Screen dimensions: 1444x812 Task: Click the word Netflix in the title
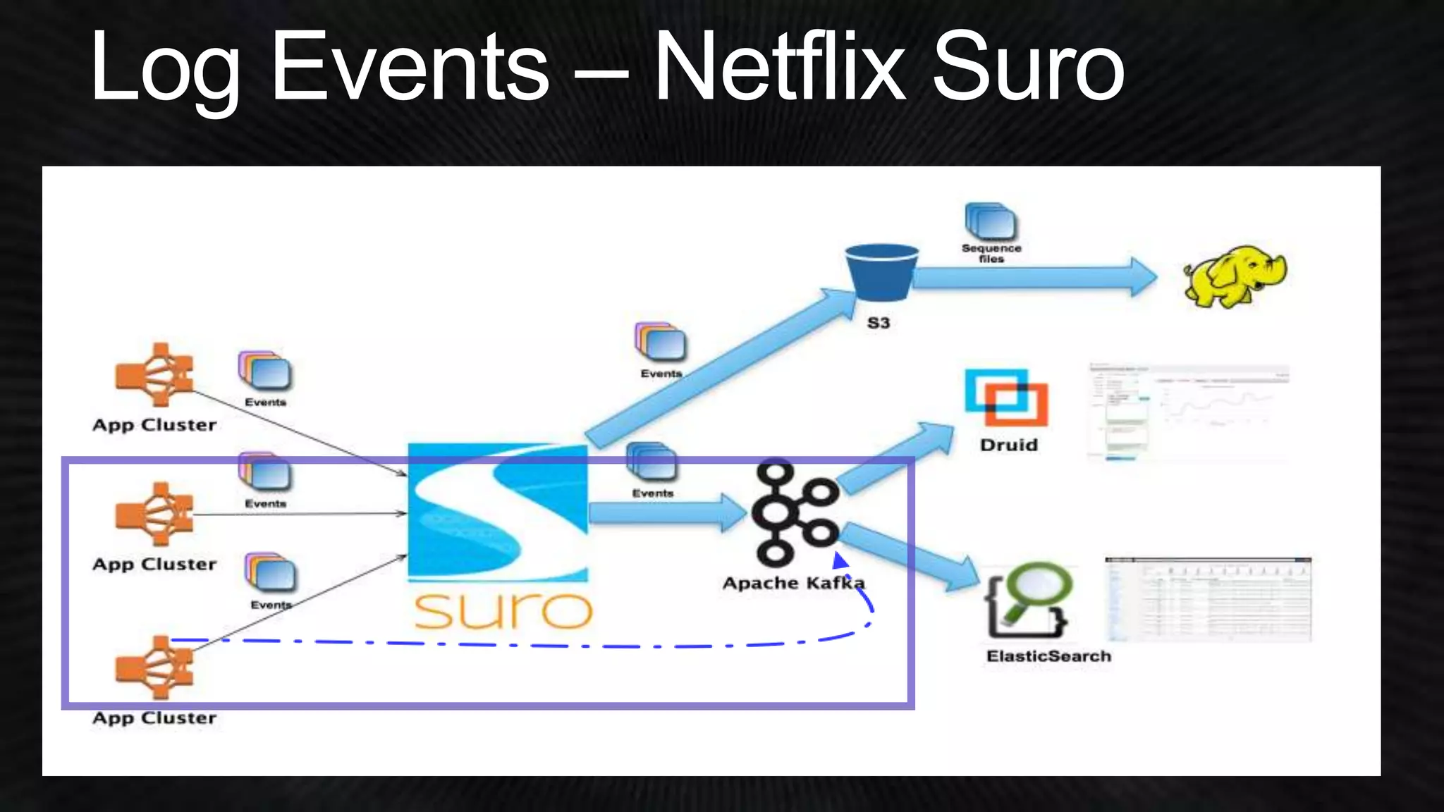point(779,68)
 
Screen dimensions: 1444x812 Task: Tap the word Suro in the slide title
point(1027,68)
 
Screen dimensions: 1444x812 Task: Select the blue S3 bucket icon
point(881,271)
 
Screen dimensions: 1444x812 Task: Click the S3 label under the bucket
point(879,324)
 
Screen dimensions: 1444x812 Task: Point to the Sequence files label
point(991,253)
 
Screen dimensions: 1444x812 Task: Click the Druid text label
point(1009,445)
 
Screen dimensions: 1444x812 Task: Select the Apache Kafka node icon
point(795,512)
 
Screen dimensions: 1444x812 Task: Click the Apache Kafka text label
point(793,584)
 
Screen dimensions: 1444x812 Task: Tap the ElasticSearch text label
point(1048,657)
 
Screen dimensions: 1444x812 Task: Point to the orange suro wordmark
point(502,610)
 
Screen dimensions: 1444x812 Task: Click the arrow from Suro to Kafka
point(666,512)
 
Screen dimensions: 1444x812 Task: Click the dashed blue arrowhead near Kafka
point(840,561)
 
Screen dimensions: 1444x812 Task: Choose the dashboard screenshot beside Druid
point(1189,413)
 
